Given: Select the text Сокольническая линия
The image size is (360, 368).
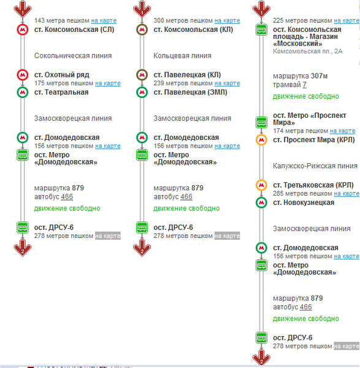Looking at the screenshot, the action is coord(73,56).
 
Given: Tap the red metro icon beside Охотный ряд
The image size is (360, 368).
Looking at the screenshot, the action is coord(23,75).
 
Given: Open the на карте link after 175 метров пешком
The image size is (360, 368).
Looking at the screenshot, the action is coord(108,83).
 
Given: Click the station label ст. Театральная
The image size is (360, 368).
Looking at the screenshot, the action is coord(61,92).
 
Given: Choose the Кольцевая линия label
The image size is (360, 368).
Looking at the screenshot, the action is coord(182,56).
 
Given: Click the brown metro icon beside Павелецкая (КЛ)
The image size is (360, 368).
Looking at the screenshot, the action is coord(142,75).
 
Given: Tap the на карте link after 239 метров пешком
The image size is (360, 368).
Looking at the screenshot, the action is coord(227,83).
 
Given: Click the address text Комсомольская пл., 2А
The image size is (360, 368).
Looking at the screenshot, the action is coord(308,52).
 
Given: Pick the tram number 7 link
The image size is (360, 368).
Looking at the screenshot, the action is coord(304,85).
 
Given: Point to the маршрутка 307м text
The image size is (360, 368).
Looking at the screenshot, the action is coord(300,76).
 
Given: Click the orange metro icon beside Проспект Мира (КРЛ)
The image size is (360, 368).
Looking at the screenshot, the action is coord(261,140).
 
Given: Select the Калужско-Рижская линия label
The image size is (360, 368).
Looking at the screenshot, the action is coord(315,166).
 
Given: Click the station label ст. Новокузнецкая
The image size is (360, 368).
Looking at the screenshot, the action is coord(304,202).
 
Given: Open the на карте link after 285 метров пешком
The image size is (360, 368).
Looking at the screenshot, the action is coord(347,194).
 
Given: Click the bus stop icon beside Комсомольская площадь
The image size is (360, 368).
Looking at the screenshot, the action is coord(261,30).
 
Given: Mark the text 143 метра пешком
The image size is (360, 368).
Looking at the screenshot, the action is coord(62,21).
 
